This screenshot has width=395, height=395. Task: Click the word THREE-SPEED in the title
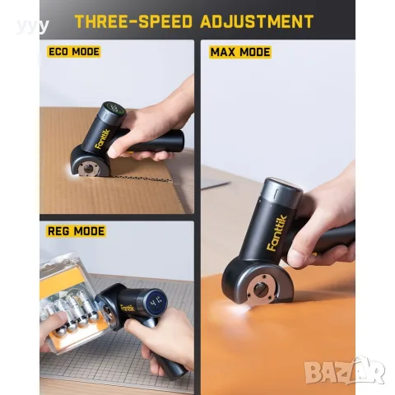[x=134, y=21]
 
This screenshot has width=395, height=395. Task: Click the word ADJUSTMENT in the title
[x=257, y=21]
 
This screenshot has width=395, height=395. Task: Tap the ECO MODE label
[x=74, y=52]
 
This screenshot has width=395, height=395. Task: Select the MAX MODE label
[x=240, y=52]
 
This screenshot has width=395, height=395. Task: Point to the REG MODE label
[x=77, y=231]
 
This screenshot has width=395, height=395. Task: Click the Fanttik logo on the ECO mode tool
[x=103, y=139]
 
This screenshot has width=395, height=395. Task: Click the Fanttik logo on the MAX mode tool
[x=277, y=233]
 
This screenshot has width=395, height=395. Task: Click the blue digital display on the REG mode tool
[x=155, y=302]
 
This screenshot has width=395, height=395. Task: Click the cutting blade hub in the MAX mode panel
[x=258, y=290]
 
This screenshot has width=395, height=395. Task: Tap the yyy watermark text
[x=32, y=26]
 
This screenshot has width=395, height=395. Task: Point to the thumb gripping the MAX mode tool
[x=301, y=253]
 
